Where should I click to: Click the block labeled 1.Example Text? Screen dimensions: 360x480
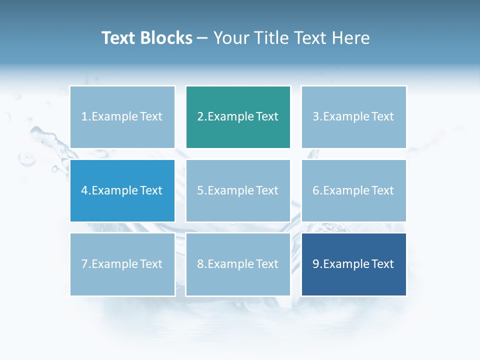tap(122, 116)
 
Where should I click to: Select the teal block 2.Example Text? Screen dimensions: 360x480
tap(238, 116)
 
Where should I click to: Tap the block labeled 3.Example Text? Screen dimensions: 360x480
tap(353, 116)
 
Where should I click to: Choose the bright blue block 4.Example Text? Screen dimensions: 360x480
tap(122, 190)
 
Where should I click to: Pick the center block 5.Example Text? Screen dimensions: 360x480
tap(238, 190)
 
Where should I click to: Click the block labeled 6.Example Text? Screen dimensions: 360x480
tap(353, 190)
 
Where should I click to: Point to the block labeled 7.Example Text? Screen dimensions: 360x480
tap(122, 264)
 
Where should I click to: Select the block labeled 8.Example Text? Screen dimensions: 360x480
tap(238, 264)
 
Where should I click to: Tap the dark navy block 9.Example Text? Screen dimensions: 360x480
tap(353, 264)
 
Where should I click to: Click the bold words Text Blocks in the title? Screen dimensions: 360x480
tap(147, 38)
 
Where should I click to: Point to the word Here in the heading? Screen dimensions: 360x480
tap(350, 38)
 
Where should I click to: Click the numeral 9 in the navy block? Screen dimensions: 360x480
tap(316, 264)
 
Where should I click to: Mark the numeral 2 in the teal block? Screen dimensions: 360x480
tap(200, 116)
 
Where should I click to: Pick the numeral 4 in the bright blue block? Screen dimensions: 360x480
tap(84, 190)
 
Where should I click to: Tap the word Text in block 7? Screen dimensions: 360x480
tap(150, 264)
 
